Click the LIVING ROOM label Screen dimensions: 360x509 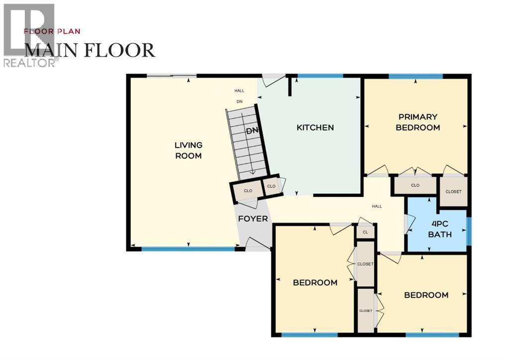[x=188, y=150]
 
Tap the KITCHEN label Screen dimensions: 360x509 [x=315, y=128]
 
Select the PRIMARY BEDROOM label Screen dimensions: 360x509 [x=418, y=122]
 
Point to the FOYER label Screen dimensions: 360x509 [x=253, y=219]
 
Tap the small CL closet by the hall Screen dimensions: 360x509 [x=365, y=232]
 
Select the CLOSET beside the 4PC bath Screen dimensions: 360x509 [x=453, y=191]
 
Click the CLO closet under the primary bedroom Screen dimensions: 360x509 [x=416, y=185]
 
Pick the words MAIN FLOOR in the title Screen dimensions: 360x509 [x=90, y=50]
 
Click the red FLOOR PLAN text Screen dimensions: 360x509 [x=52, y=31]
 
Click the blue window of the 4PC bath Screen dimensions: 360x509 [x=469, y=231]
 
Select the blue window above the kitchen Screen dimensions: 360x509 [x=320, y=76]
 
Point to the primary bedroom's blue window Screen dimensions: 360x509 [x=416, y=76]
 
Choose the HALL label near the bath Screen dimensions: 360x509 [x=377, y=206]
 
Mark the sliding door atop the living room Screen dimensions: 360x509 [x=171, y=76]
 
